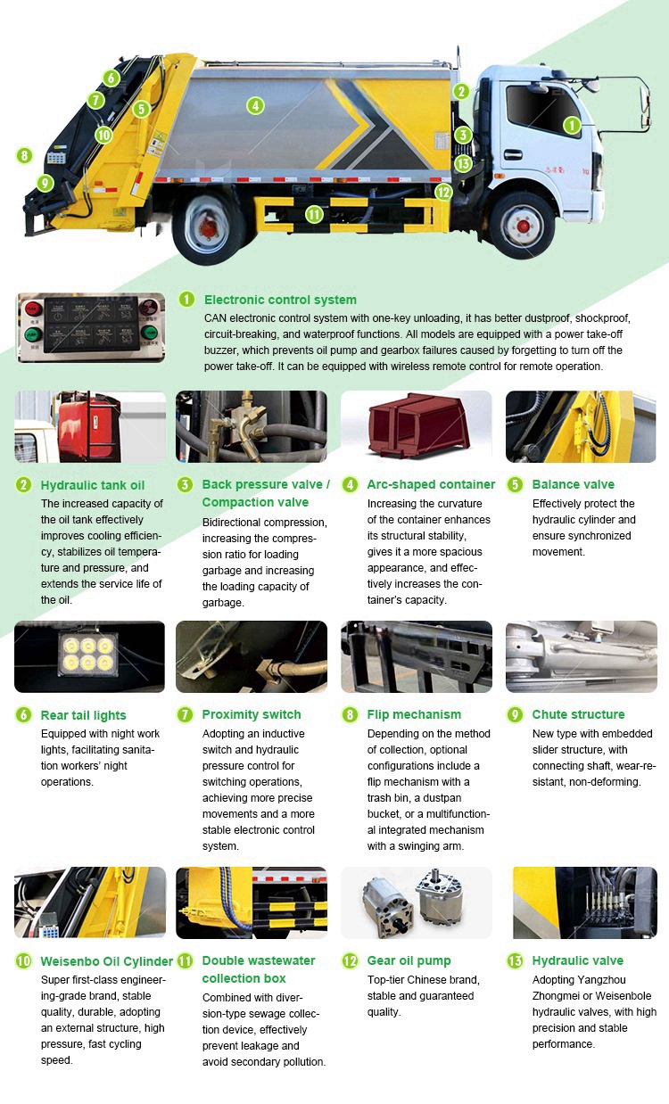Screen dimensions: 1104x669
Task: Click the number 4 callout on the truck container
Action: pos(256,105)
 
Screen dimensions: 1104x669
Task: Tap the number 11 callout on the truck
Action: pos(313,214)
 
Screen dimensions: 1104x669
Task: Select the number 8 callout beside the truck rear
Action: pos(24,155)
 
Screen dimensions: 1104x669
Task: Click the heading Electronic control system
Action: pos(280,300)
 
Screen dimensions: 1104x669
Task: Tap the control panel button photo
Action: pos(89,328)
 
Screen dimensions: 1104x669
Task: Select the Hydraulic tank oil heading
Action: pos(93,485)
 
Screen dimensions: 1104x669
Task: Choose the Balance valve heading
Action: pos(573,484)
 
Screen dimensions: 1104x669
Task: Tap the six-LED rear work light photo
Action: pos(89,656)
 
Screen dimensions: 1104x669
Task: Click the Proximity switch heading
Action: pos(252,714)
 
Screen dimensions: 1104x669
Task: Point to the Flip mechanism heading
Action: pos(414,714)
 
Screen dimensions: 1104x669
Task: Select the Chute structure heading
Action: pos(578,714)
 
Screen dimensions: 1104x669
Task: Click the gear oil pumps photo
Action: pos(416,902)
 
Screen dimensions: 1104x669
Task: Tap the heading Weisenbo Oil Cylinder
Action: pos(107,961)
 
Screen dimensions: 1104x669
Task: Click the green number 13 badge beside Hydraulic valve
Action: pos(515,961)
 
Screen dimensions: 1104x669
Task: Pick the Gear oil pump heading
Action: pos(409,960)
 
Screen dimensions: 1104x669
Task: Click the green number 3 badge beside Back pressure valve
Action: pos(185,485)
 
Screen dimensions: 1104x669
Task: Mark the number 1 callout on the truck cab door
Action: pos(571,126)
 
